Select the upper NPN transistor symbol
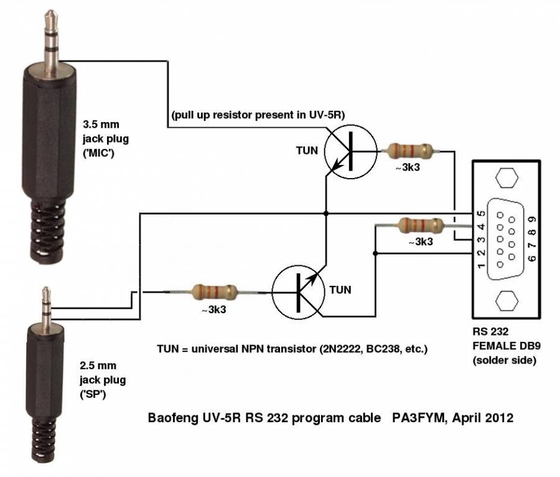click(x=351, y=151)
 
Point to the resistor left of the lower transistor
click(x=215, y=291)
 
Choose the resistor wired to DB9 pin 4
click(x=420, y=224)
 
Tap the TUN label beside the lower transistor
click(x=340, y=290)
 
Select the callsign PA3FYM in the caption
click(x=416, y=418)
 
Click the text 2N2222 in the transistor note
click(x=343, y=349)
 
